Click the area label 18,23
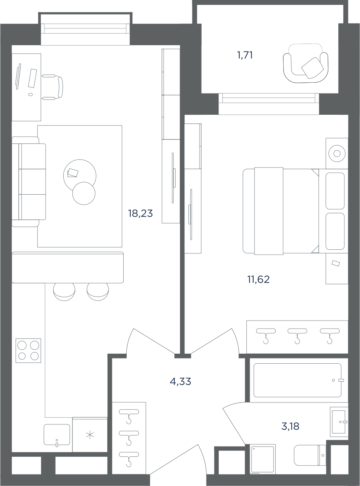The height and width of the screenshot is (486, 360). (x=140, y=213)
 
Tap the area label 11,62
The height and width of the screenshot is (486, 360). (x=258, y=279)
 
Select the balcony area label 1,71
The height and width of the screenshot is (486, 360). (x=245, y=55)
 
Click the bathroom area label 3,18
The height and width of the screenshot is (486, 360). (x=290, y=426)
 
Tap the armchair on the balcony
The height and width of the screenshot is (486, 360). (x=306, y=63)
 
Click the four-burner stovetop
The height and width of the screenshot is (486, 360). (x=28, y=351)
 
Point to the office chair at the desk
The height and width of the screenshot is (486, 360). (x=52, y=87)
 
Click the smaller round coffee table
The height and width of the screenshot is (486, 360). (x=84, y=193)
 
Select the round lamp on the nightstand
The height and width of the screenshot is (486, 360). (x=337, y=153)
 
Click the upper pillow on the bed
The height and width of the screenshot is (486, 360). (x=335, y=191)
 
